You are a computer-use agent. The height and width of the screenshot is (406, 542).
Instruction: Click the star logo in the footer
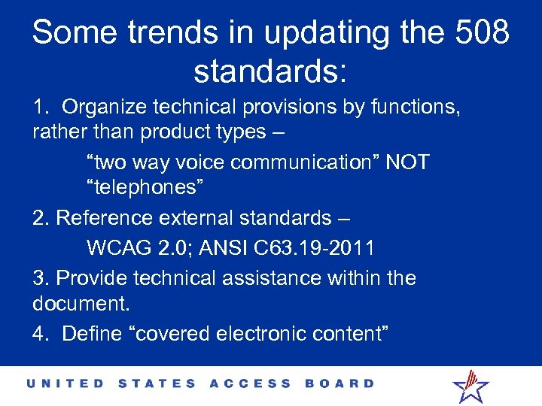tap(470, 385)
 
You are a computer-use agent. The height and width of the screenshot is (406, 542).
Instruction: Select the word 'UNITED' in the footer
tap(66, 383)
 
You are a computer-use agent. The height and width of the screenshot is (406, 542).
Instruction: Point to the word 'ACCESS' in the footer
tap(250, 383)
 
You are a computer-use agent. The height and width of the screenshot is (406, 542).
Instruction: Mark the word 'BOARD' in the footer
tap(339, 383)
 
